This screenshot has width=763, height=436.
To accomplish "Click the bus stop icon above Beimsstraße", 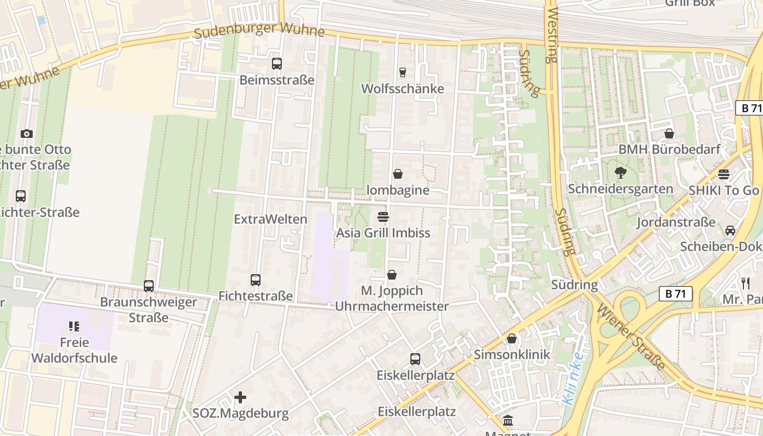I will tap(277, 64).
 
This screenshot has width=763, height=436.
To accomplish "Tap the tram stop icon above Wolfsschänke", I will tap(403, 72).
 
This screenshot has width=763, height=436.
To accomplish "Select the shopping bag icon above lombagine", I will tap(398, 174).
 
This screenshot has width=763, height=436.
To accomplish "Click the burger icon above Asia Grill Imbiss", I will tap(383, 217).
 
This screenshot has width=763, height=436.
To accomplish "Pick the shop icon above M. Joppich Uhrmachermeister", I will tap(392, 275).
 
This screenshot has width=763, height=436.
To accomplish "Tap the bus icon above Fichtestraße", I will tap(256, 280).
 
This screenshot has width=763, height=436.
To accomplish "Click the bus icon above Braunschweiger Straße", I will tap(148, 286).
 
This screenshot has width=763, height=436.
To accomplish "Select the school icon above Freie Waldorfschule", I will tap(74, 326).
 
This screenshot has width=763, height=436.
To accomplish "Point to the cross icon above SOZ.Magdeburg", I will tap(240, 397).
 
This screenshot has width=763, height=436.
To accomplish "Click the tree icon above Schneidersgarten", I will tap(620, 173).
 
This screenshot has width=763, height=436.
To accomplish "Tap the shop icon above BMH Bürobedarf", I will tap(669, 134).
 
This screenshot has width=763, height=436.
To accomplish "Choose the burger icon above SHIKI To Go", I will tap(724, 174).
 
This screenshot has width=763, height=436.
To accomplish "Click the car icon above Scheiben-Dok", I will tap(730, 231).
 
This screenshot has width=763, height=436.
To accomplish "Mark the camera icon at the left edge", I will tap(26, 134).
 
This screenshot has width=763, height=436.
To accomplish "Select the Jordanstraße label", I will tap(676, 222).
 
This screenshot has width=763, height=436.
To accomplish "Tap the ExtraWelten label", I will tap(270, 219).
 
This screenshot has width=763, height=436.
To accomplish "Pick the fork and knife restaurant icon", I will tap(746, 283).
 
